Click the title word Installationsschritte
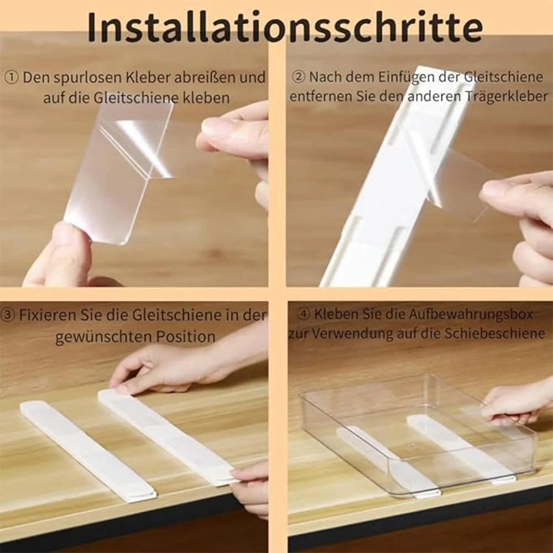point(285,27)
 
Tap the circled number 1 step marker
point(12,77)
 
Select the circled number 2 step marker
point(299,77)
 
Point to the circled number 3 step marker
point(7,315)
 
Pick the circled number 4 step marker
point(304,314)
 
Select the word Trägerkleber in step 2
point(506,96)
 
